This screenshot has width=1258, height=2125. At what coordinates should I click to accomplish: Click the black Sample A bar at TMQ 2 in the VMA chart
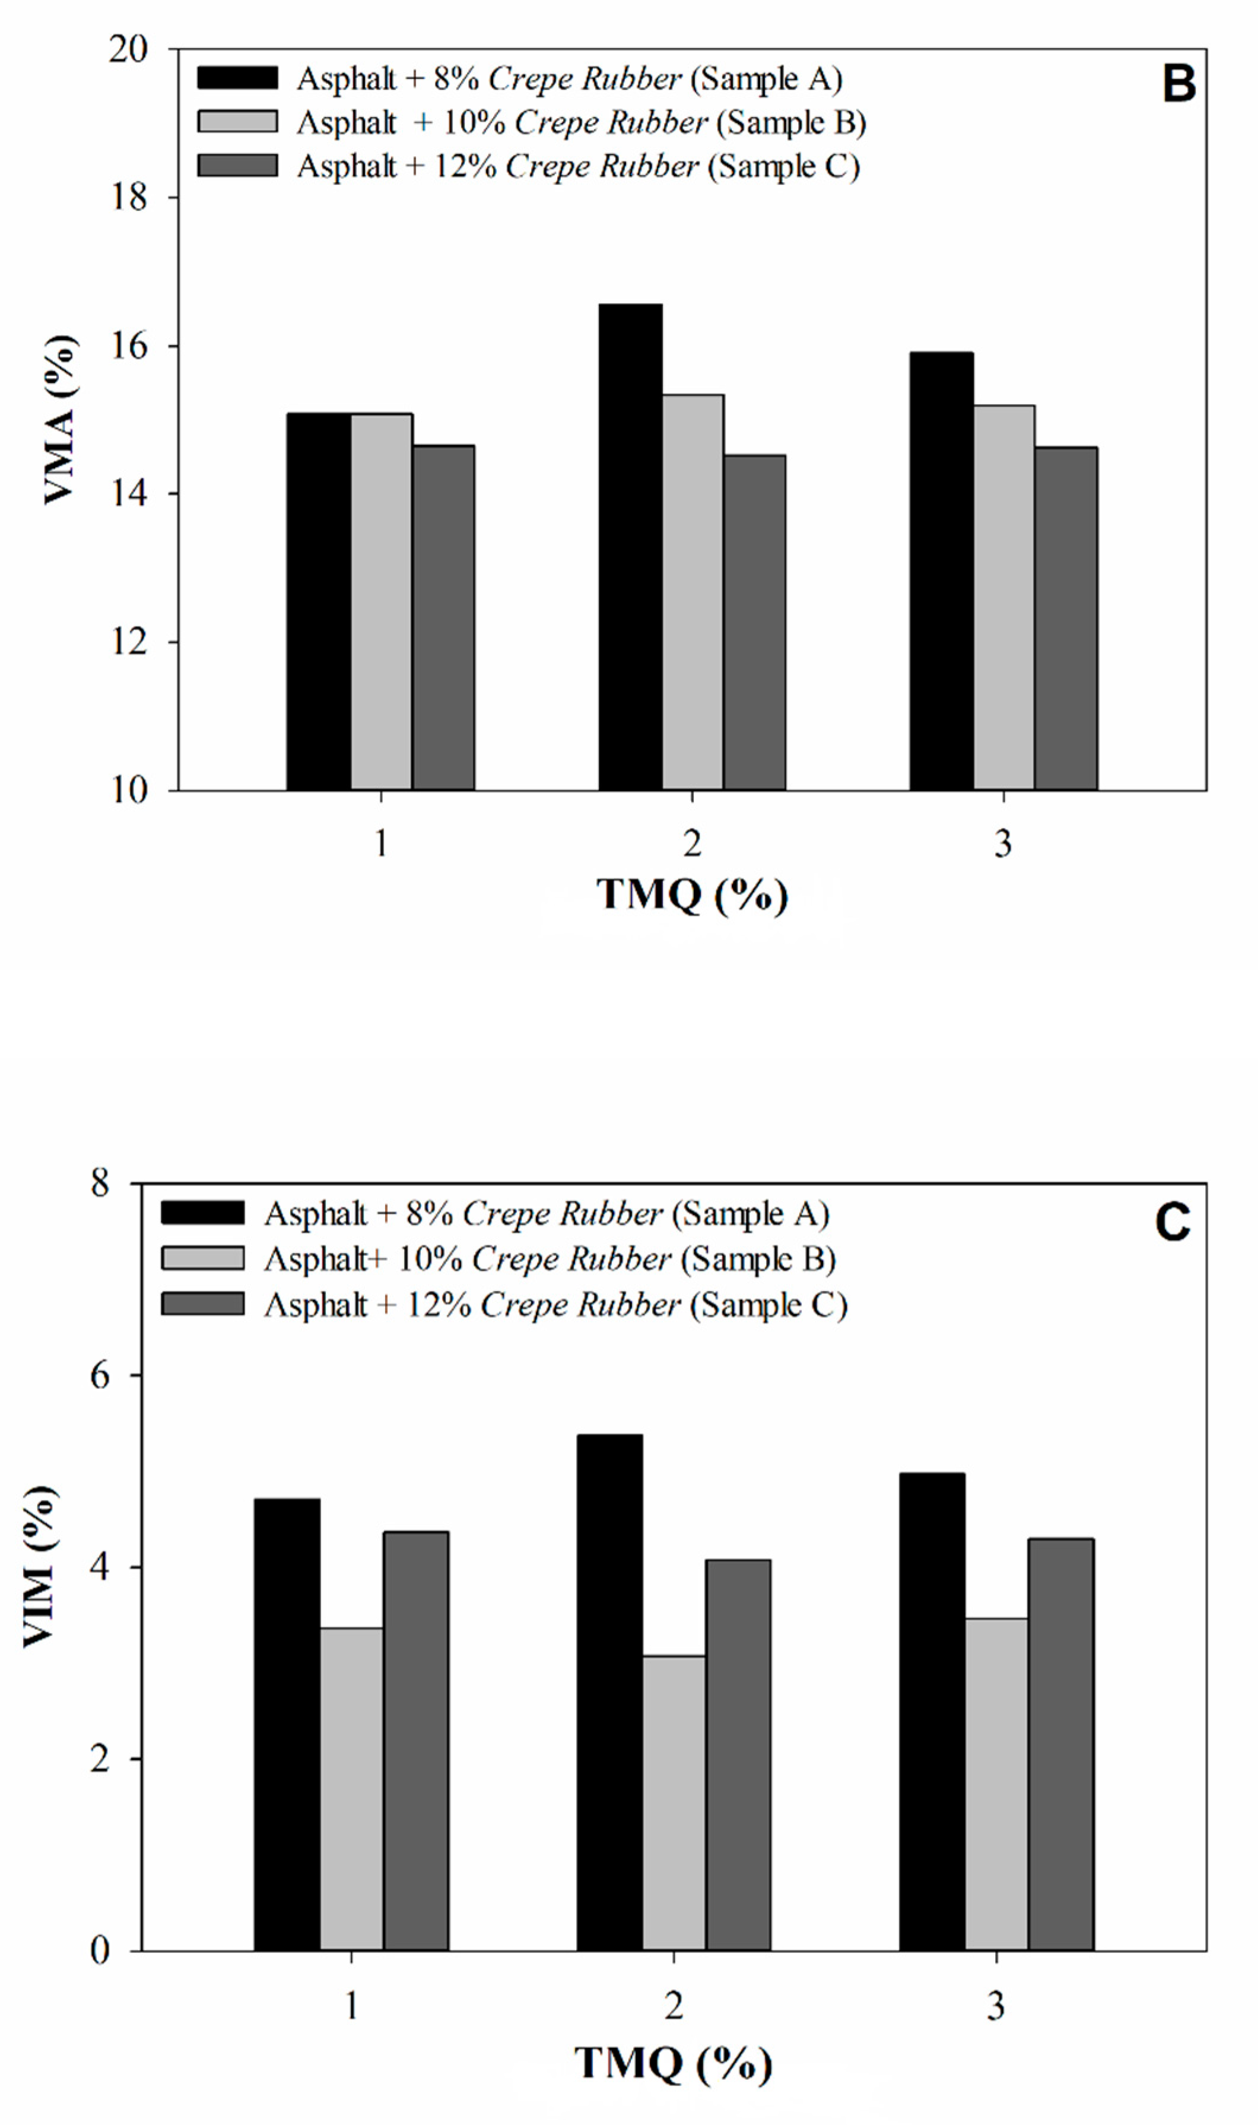tap(631, 547)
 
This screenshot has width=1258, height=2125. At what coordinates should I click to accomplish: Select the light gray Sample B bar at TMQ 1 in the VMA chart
tap(382, 602)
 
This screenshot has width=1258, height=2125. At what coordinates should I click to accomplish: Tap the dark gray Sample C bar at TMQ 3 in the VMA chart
tap(1066, 619)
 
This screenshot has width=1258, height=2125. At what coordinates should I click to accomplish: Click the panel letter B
tap(1178, 85)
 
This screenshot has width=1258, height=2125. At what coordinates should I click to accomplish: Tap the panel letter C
tap(1173, 1223)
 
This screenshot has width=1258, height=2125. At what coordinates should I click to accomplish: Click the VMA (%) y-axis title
tap(59, 419)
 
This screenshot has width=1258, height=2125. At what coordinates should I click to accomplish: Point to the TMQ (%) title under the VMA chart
tap(692, 895)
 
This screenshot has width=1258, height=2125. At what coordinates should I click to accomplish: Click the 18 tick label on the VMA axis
tap(129, 198)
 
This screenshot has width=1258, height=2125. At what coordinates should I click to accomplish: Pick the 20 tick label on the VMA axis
tap(129, 49)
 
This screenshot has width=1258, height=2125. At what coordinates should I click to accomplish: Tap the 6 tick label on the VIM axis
tap(101, 1375)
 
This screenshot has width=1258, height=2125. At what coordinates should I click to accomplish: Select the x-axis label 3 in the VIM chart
tap(996, 2006)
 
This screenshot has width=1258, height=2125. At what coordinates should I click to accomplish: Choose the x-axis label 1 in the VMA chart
tap(382, 843)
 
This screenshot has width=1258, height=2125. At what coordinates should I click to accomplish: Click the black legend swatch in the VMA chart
tap(237, 78)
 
